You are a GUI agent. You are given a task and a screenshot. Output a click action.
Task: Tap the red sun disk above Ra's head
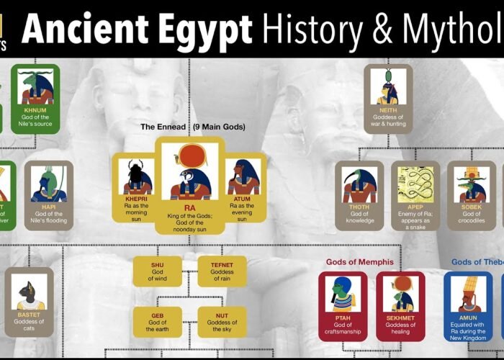[x=190, y=153]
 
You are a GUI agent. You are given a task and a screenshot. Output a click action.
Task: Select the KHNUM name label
[x=35, y=110]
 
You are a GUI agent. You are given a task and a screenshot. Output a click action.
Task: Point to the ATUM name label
[x=243, y=197]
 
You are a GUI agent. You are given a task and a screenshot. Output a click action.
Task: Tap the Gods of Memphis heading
[x=360, y=261]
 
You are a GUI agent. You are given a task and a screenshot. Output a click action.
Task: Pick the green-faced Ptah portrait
[x=343, y=292]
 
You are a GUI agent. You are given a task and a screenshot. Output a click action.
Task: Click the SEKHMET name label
[x=400, y=317]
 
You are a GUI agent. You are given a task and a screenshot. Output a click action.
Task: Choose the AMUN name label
[x=468, y=317]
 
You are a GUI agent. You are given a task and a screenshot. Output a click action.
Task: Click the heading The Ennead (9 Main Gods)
[x=192, y=127]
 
